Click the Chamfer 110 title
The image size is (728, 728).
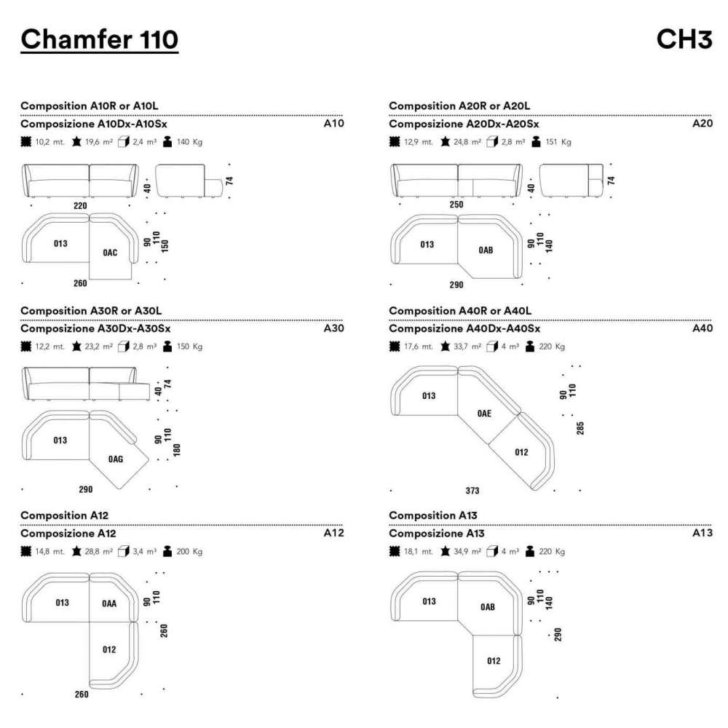[x=100, y=39]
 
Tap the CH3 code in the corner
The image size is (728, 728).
[x=684, y=39]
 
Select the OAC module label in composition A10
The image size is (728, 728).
[x=111, y=253]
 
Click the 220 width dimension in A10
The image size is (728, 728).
[x=81, y=206]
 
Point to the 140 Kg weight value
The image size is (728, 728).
[x=188, y=142]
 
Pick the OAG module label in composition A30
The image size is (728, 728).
[x=115, y=459]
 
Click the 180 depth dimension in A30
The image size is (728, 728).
[x=176, y=449]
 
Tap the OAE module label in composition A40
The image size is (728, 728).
[x=484, y=413]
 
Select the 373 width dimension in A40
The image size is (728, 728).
[x=472, y=491]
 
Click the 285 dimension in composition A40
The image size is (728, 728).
[x=580, y=427]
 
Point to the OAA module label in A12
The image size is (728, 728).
[x=109, y=603]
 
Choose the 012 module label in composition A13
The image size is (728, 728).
[x=494, y=661]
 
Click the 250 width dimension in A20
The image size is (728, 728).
[x=456, y=206]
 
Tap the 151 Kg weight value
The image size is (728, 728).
[x=556, y=142]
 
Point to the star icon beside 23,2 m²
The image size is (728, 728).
[x=76, y=347]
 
